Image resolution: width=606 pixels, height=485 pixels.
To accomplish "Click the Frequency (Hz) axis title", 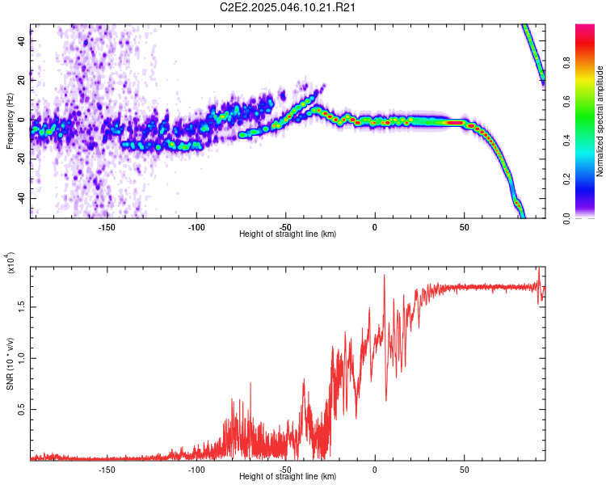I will pos(10,121).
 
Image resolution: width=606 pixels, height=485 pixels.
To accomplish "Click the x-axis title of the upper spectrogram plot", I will pos(288,234).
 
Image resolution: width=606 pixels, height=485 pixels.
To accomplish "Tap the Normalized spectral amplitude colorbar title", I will pos(600,121).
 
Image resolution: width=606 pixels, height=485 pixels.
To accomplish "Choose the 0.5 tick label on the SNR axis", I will pos(22,410).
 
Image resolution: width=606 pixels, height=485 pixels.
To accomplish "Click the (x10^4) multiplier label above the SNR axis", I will pos(10,264).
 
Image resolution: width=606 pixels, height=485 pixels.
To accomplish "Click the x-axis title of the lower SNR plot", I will pos(288,477).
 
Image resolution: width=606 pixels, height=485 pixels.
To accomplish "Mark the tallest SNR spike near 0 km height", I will pos(384,276).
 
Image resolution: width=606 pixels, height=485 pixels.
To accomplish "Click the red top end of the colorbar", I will pos(585,28).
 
